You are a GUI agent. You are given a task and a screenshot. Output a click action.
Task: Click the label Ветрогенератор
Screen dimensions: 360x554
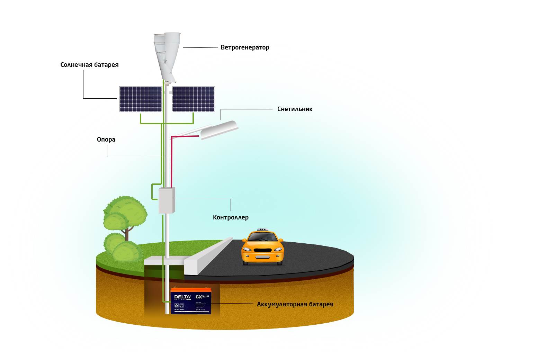point(245,47)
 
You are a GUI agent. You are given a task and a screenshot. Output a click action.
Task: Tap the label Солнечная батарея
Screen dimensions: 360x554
point(89,65)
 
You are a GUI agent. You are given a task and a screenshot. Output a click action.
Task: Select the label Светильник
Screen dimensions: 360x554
point(295,109)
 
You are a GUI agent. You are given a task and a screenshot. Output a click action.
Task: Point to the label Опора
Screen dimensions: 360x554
point(106,139)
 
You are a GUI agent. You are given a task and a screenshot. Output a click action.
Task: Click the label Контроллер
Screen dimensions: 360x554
point(231,217)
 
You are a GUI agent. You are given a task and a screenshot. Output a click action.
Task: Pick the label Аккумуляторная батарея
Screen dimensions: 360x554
point(295,304)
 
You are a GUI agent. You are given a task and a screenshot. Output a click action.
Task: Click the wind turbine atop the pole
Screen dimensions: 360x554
point(167,55)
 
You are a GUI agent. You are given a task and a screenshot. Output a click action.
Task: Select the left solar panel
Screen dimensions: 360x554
point(141,99)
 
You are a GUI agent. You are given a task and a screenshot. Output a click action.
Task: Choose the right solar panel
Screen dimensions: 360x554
point(193,99)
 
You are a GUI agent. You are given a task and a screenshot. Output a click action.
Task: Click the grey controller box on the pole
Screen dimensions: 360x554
point(166,200)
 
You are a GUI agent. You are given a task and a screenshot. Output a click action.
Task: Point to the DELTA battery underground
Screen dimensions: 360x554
point(191,301)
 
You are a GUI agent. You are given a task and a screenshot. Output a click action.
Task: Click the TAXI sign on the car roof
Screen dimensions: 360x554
point(263,229)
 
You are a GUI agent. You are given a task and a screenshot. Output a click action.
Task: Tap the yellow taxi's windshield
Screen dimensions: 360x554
point(263,237)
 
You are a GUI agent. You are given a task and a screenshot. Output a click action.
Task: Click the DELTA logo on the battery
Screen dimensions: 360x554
point(182,297)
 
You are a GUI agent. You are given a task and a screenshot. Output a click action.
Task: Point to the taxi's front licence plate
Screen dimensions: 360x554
point(262,257)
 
